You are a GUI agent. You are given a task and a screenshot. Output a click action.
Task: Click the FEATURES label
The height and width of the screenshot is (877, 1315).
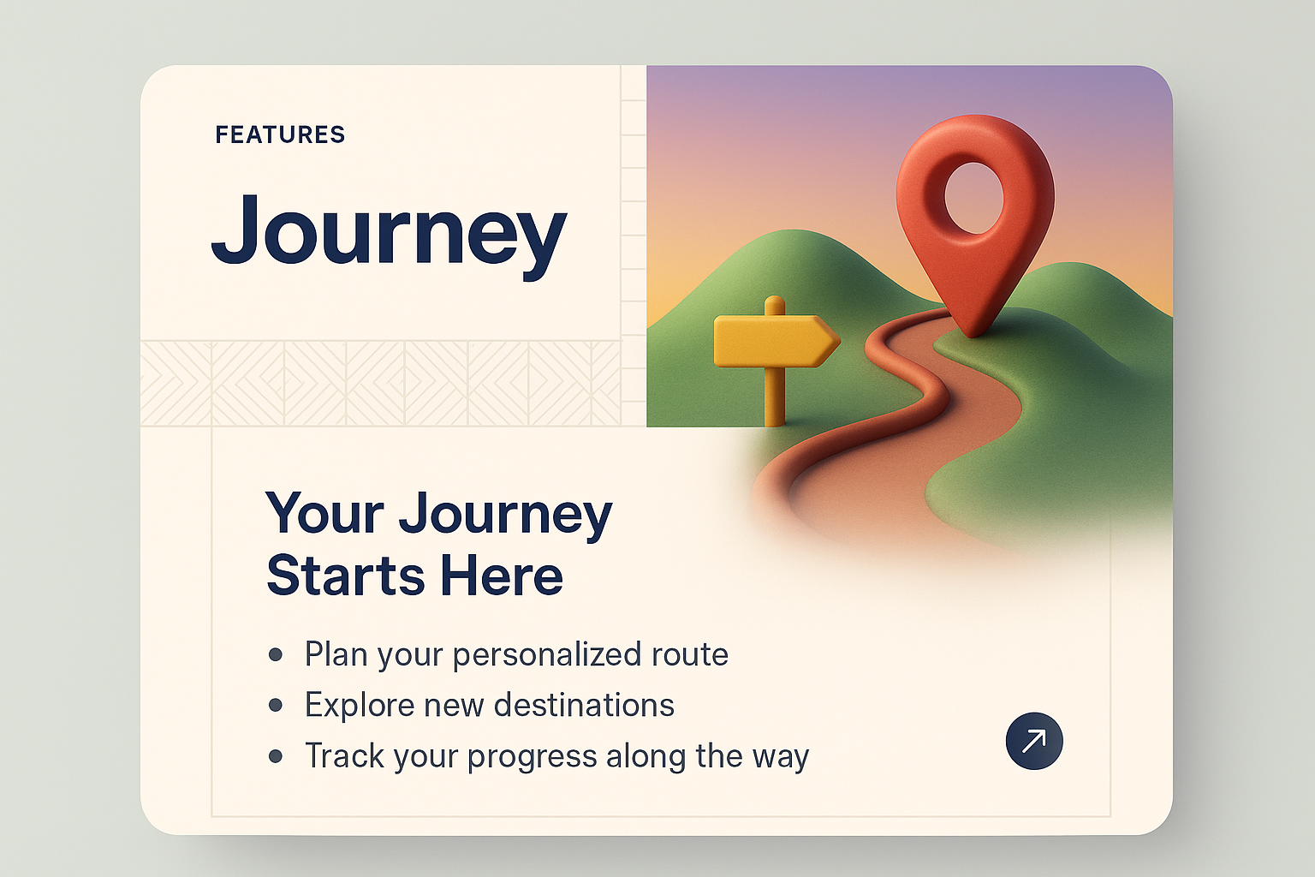tap(280, 135)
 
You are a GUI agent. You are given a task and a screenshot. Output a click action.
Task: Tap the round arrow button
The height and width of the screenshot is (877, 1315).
tap(1034, 741)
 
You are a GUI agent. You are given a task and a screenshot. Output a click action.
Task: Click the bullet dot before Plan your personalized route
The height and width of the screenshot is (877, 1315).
tap(276, 655)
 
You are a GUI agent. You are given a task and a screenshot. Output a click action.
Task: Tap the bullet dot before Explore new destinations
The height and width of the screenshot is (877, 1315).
tap(276, 706)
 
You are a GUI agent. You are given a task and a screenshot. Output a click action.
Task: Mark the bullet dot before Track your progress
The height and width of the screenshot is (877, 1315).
tap(276, 756)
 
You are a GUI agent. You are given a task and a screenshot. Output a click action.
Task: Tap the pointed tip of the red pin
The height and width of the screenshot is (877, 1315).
tap(974, 332)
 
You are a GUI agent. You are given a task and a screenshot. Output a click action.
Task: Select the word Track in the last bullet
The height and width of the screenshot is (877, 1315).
tap(338, 756)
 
